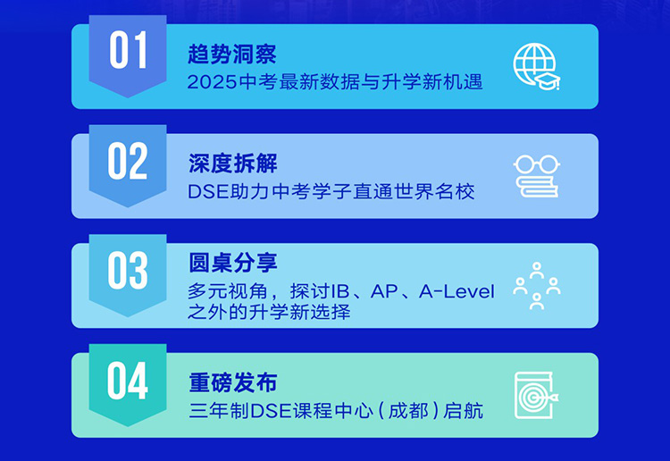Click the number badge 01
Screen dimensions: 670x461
point(128,55)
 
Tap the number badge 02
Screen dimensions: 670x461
point(128,165)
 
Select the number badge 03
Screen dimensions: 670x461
point(128,274)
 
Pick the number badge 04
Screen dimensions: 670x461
point(128,384)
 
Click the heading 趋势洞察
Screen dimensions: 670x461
point(232,54)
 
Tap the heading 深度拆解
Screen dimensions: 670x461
point(233,163)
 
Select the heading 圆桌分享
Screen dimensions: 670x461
point(233,263)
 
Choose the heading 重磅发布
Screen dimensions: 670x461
point(233,382)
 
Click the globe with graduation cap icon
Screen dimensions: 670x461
point(537,67)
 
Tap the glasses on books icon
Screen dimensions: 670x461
point(537,176)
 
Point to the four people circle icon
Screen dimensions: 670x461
point(537,285)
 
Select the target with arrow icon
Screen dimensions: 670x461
point(537,395)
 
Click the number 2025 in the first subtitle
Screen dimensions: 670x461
point(212,82)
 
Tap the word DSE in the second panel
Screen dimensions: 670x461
point(208,192)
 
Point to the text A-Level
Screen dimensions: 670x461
point(456,292)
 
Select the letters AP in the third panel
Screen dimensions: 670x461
point(384,292)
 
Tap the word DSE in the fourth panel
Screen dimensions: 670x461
point(272,411)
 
